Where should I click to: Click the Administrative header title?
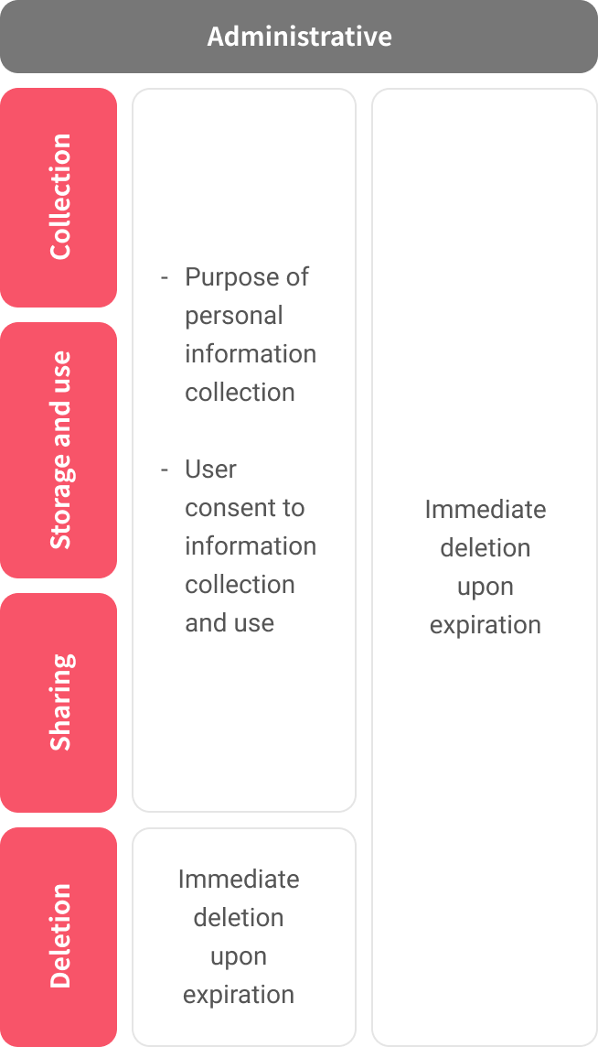(x=299, y=36)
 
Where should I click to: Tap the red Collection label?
(x=59, y=197)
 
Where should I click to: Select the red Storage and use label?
(x=59, y=450)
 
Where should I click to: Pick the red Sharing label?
(x=59, y=703)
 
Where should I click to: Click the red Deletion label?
(x=59, y=937)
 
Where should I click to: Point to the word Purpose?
(x=231, y=278)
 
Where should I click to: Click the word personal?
(x=234, y=316)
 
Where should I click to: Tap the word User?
(x=210, y=470)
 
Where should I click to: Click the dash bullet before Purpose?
(x=165, y=278)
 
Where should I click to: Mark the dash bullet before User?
(x=165, y=470)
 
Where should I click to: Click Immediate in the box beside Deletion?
(x=239, y=879)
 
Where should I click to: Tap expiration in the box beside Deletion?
(x=239, y=995)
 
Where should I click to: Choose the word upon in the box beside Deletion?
(x=239, y=957)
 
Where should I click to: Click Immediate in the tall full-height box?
(x=486, y=510)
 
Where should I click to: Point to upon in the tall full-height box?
(x=486, y=588)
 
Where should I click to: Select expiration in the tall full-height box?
(x=486, y=626)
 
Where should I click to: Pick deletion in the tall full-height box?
(x=486, y=548)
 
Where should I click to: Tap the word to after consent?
(x=292, y=508)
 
